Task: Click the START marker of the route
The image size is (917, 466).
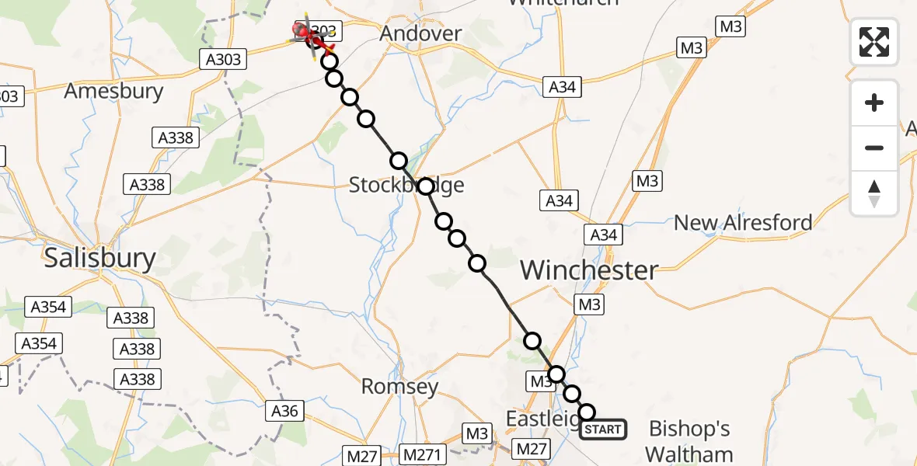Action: click(x=602, y=429)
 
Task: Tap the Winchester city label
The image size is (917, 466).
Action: click(x=589, y=270)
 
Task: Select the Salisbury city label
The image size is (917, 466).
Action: click(x=99, y=257)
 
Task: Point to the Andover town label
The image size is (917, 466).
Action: click(x=420, y=34)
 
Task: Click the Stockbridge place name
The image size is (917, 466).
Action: click(x=406, y=185)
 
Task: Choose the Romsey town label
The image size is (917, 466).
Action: click(x=399, y=386)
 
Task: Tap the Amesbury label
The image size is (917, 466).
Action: click(x=113, y=91)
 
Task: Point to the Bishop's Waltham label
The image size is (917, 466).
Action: click(x=689, y=440)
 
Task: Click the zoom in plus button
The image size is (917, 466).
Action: click(x=874, y=103)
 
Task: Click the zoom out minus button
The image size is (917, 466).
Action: click(x=874, y=148)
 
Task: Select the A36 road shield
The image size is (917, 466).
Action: click(x=285, y=410)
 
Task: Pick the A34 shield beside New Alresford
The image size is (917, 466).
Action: click(x=604, y=235)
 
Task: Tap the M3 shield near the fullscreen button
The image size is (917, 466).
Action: click(x=731, y=27)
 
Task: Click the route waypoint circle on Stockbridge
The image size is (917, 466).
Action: click(x=425, y=186)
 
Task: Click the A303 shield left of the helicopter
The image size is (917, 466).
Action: click(x=222, y=59)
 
